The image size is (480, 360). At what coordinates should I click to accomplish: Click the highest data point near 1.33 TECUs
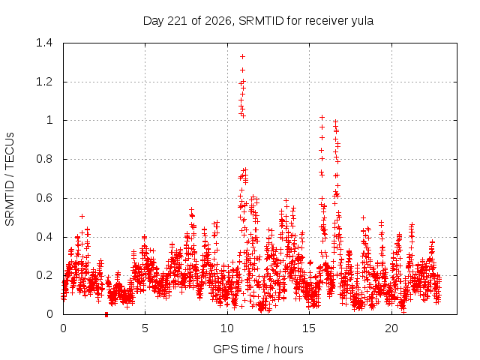tap(243, 57)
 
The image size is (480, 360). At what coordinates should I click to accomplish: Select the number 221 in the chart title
tap(178, 21)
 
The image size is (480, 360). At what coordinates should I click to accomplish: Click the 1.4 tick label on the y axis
tap(44, 43)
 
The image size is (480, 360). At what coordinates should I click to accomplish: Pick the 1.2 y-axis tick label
tap(44, 82)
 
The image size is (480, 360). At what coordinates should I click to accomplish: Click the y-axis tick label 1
tap(49, 120)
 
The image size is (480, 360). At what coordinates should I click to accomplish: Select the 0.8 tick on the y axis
tap(44, 159)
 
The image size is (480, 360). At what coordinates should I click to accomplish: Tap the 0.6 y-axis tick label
tap(44, 198)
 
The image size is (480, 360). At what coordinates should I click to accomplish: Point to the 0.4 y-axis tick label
tap(44, 237)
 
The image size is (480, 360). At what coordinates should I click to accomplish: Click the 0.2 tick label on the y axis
tap(44, 275)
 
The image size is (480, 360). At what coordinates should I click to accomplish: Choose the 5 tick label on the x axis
tap(145, 328)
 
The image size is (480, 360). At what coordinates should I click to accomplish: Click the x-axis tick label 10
tap(227, 328)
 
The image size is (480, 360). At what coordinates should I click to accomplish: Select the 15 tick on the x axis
tap(309, 328)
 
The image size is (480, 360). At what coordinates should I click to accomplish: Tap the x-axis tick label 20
tap(391, 328)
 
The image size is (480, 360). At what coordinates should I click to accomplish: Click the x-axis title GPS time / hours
tap(258, 349)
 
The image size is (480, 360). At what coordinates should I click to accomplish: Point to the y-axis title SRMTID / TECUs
tap(10, 179)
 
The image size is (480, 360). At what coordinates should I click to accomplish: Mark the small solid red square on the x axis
tap(106, 314)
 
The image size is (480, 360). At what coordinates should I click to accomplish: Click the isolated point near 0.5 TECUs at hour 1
tap(82, 217)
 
